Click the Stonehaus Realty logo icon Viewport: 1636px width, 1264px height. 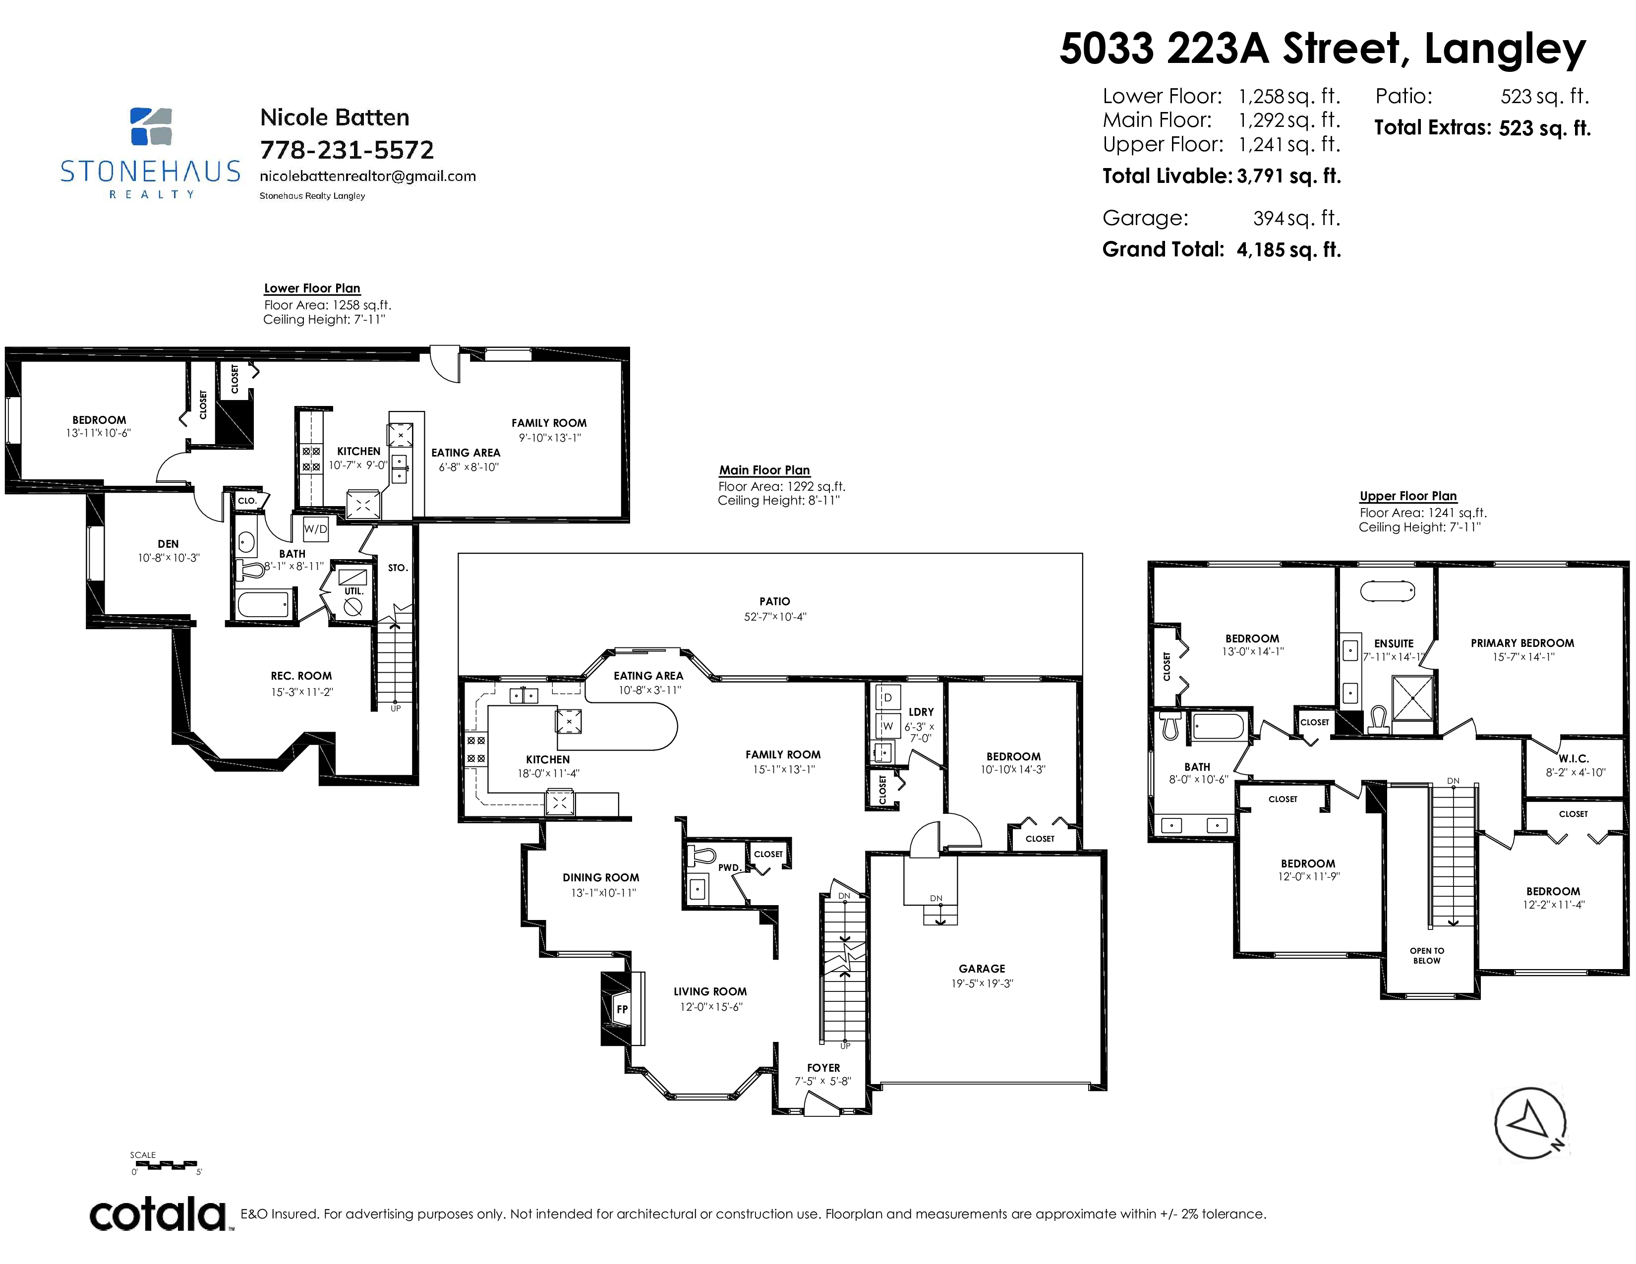[x=151, y=126]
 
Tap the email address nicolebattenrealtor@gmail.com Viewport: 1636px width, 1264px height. [x=368, y=176]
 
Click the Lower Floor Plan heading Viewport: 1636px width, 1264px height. [x=312, y=288]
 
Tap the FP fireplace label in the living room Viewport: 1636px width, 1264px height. [x=622, y=1009]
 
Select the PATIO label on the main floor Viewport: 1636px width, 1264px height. [x=774, y=601]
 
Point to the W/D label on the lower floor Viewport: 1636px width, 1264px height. [x=315, y=529]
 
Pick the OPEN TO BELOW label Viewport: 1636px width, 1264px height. [x=1427, y=956]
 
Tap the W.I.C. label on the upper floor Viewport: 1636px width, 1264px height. [x=1574, y=758]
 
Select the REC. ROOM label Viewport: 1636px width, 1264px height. [x=301, y=676]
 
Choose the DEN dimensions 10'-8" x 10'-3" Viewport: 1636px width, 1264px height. [x=169, y=558]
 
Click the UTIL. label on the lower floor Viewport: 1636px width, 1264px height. [x=353, y=591]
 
